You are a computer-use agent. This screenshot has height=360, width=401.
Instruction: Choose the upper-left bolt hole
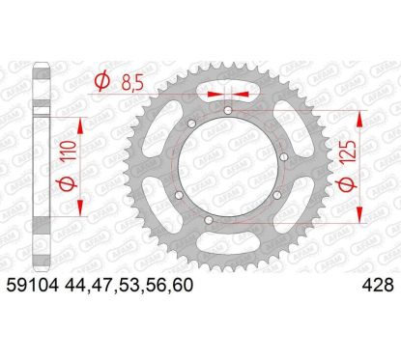point(189,125)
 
